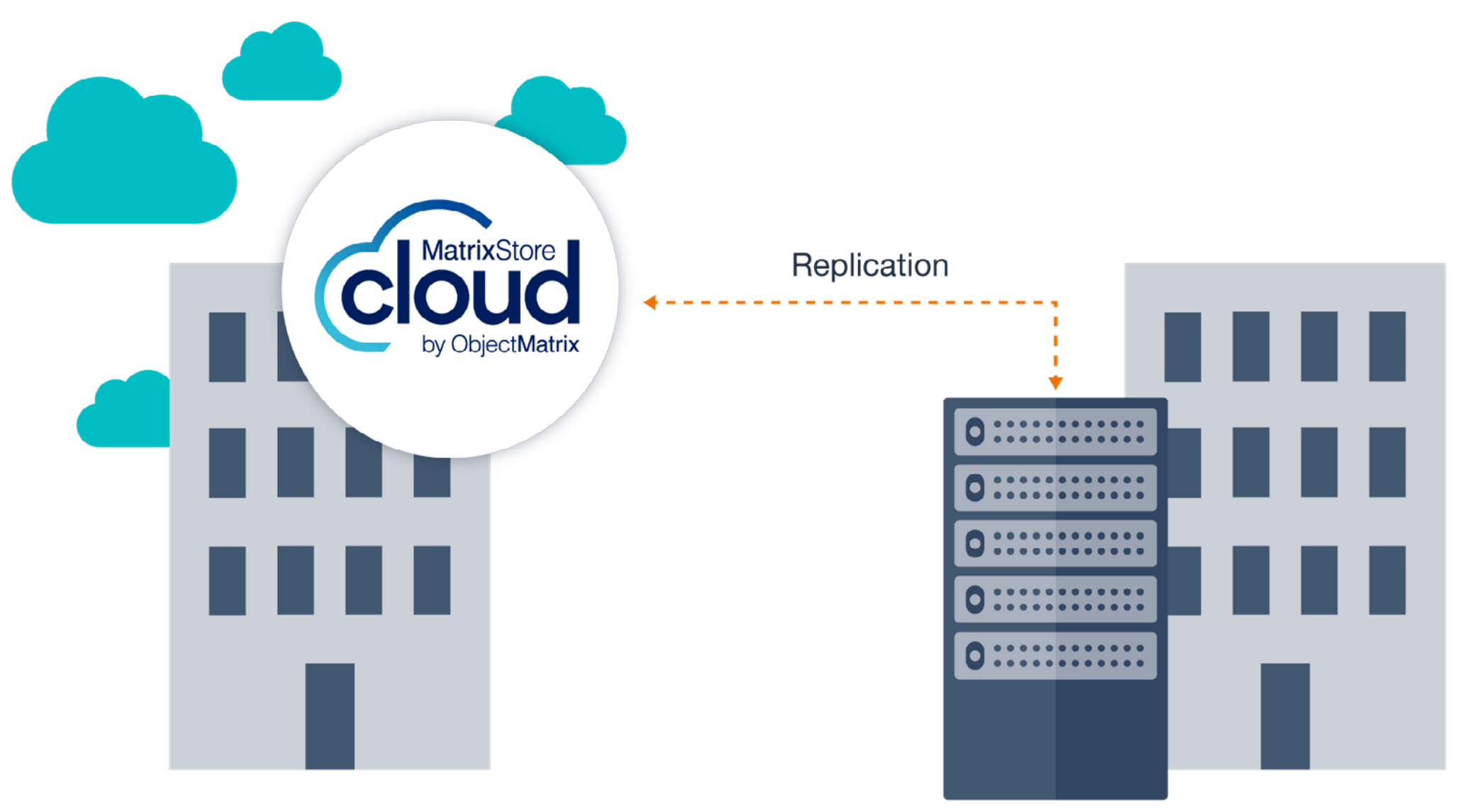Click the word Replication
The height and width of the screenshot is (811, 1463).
(x=869, y=266)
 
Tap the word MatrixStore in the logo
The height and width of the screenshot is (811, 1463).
(x=488, y=250)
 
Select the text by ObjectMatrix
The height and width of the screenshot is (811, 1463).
(x=500, y=345)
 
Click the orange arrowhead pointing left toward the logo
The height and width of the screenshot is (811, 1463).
(x=650, y=302)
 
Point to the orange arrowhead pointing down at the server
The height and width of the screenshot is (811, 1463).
(x=1055, y=383)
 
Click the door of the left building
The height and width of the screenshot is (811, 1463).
(x=330, y=716)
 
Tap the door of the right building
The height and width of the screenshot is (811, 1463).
(x=1284, y=716)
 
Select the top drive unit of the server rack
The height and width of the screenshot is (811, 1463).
(x=1055, y=431)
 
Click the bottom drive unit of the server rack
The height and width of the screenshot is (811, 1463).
(x=1055, y=656)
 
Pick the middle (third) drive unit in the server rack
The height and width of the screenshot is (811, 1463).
(x=1055, y=544)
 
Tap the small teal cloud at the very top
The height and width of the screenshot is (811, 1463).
(x=282, y=65)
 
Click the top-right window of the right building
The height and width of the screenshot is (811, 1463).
(x=1387, y=346)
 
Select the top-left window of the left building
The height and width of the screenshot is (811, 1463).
(x=227, y=347)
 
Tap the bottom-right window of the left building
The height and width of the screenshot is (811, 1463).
(x=432, y=580)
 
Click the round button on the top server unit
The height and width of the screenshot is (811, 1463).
(x=975, y=431)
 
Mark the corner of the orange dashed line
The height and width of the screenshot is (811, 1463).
(x=1055, y=303)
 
